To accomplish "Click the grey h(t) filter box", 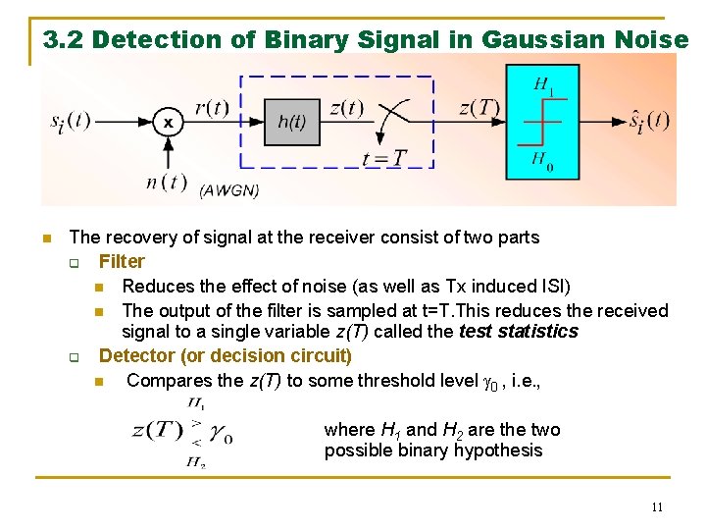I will [x=291, y=122].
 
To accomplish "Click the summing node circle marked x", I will [x=169, y=123].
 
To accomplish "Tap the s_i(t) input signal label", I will [x=70, y=121].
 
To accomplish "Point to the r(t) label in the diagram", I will [x=212, y=107].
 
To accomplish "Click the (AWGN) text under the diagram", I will [x=229, y=190].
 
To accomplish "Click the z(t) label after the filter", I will [x=346, y=107].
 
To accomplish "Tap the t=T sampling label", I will [x=383, y=158].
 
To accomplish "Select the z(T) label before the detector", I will [x=479, y=107].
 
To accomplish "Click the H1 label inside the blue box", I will [x=543, y=86].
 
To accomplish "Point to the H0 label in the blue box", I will [x=542, y=160].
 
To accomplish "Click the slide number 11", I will [x=656, y=507].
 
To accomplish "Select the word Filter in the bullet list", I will [x=122, y=261].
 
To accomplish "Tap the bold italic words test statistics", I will [x=519, y=332].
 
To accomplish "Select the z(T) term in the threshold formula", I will [x=157, y=430].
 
